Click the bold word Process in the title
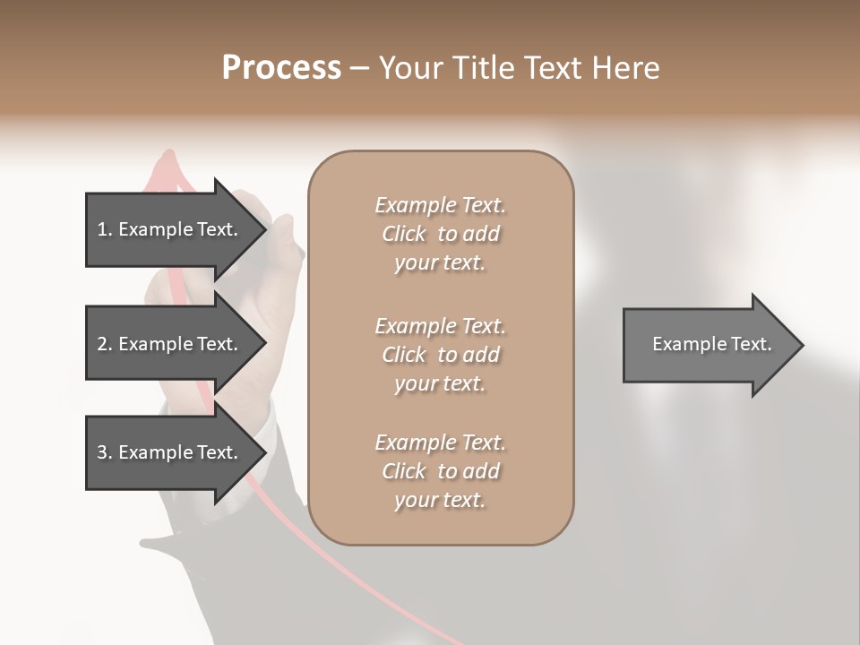coord(281,68)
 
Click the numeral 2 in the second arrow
coord(102,344)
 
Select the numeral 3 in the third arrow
coord(102,452)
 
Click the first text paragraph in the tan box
coord(440,234)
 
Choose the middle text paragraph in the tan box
coord(440,354)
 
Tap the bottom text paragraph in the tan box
coord(440,471)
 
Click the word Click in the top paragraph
coord(404,234)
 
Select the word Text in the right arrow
coord(752,344)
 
